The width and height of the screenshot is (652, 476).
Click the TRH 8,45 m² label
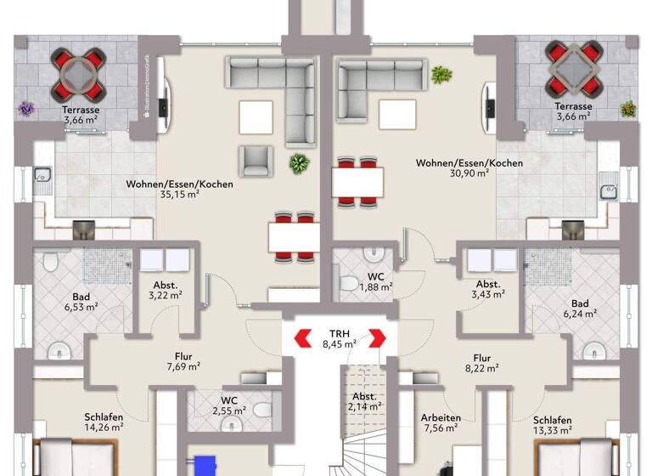339,338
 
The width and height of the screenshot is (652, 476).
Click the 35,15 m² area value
179,194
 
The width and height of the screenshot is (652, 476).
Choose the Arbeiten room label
441,417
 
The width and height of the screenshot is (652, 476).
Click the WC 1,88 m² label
374,280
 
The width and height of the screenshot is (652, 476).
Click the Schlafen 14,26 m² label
104,422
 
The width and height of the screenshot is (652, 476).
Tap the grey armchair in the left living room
257,159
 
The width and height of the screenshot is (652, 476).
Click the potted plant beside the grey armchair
299,163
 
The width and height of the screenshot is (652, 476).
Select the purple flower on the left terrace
27,109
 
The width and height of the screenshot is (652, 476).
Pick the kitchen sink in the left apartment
41,178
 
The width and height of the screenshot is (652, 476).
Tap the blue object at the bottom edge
205,466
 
